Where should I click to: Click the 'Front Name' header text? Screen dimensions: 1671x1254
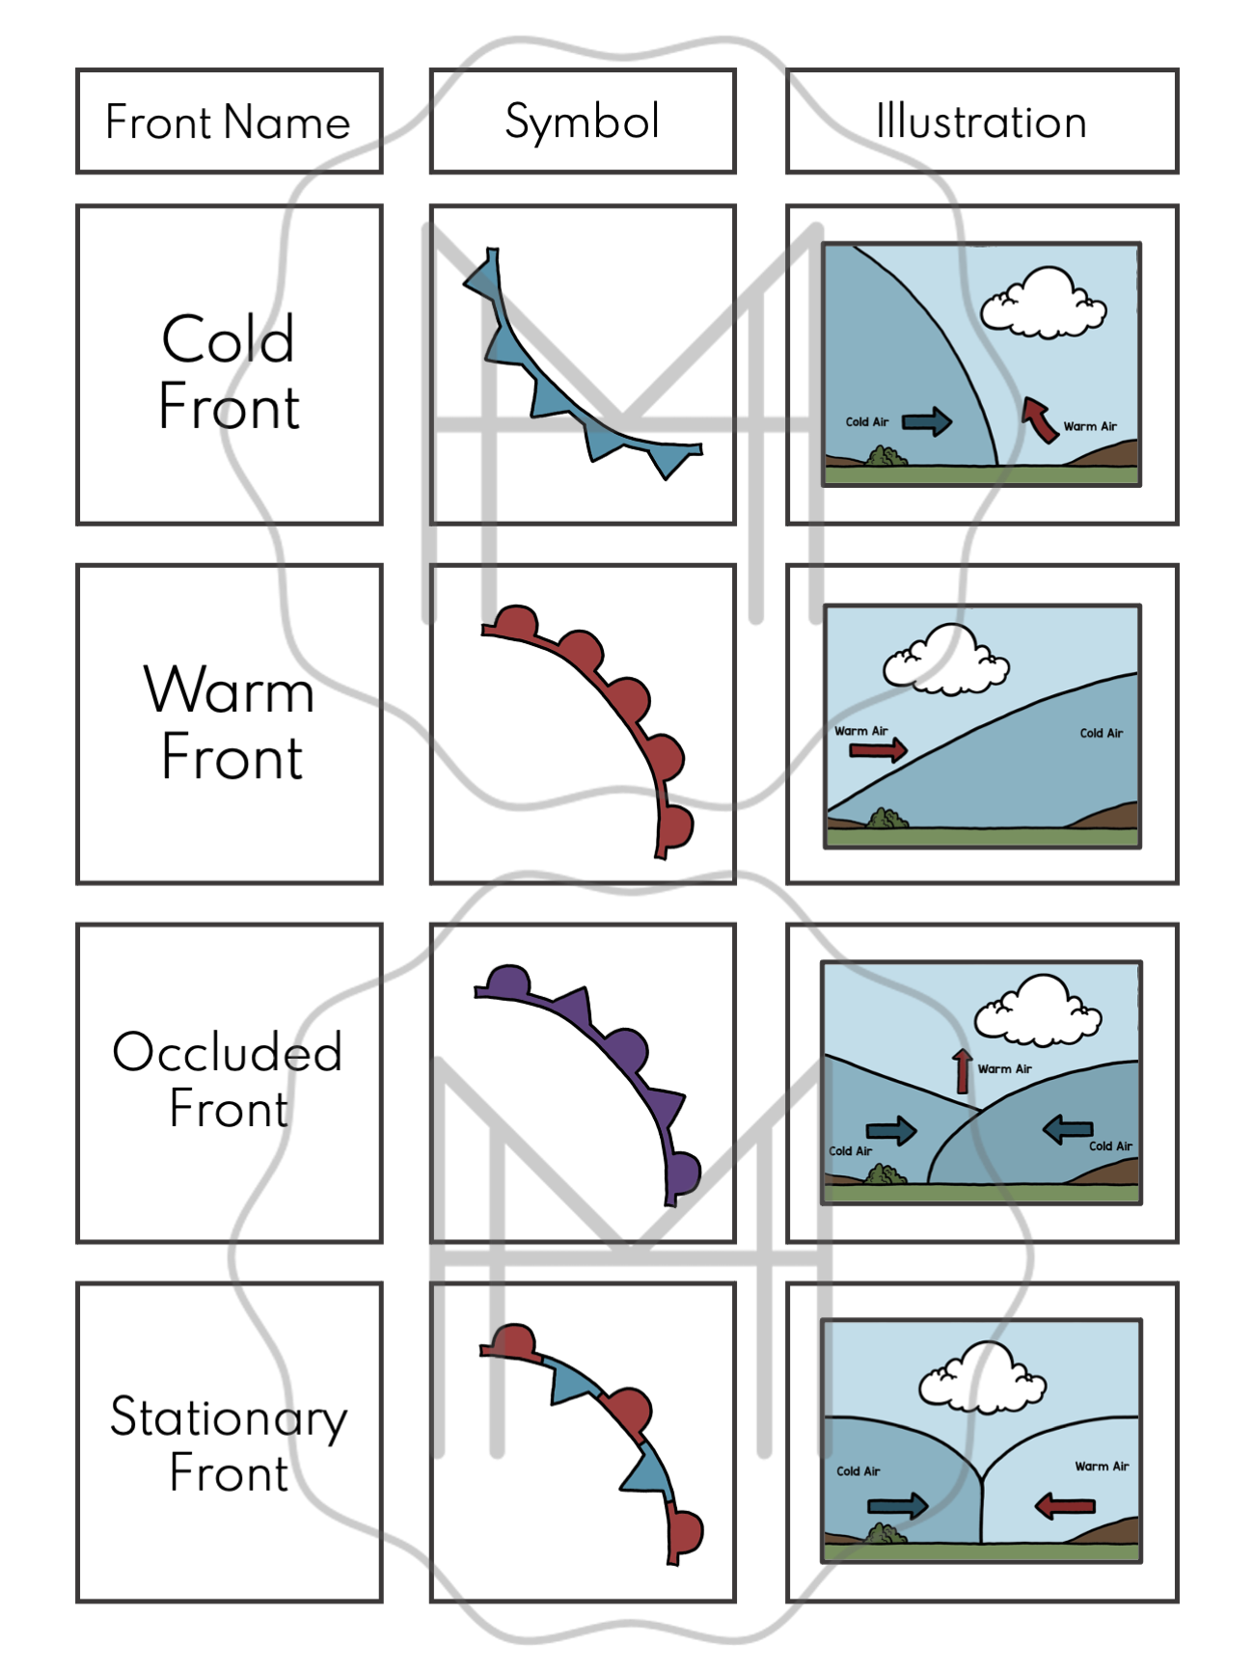(228, 122)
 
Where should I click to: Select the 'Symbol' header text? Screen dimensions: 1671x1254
(582, 122)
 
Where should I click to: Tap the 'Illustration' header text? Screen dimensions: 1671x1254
(981, 122)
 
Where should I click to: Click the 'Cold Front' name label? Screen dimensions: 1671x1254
(229, 372)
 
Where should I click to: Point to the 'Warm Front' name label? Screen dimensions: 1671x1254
(230, 723)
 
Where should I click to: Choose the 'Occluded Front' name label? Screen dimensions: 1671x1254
(229, 1080)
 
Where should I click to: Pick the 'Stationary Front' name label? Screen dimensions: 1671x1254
(229, 1443)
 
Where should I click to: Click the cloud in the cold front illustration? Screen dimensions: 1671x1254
(1043, 304)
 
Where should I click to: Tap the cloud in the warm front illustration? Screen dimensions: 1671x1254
(945, 660)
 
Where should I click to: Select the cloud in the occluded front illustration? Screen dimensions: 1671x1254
(1037, 1011)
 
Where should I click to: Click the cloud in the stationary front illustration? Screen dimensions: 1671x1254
(982, 1378)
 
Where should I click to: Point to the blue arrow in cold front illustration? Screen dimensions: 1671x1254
(927, 421)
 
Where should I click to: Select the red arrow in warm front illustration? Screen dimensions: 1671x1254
(878, 750)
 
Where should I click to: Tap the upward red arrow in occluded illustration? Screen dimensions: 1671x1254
(962, 1070)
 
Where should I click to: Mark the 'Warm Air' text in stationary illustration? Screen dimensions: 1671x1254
(1102, 1467)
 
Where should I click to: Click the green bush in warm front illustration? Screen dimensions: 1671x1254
(886, 820)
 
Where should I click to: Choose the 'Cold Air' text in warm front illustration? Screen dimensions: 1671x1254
(1101, 734)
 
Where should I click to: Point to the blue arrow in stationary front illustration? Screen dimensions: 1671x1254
(897, 1506)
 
